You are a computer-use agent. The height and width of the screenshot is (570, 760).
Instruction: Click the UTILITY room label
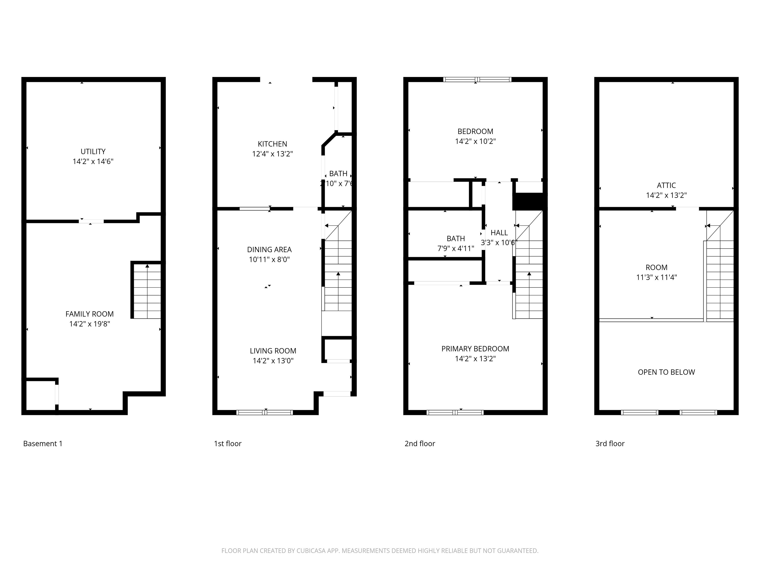pos(93,151)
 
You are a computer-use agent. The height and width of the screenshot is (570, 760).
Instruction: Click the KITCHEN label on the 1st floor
pos(272,144)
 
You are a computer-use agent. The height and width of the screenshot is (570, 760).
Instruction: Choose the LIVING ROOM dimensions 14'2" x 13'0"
pos(273,361)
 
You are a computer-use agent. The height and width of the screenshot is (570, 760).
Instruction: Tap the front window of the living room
pos(264,412)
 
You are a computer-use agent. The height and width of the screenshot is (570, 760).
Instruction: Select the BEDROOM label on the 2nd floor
pos(475,132)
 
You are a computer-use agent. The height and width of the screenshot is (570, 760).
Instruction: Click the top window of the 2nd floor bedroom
pos(477,80)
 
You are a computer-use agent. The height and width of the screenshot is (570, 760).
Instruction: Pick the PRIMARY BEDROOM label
pos(475,349)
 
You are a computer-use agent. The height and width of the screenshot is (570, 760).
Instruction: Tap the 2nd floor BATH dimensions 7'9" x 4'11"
pos(456,248)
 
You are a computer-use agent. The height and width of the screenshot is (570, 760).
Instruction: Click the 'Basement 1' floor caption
pos(43,444)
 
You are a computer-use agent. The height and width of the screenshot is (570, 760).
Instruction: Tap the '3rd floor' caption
pos(610,444)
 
